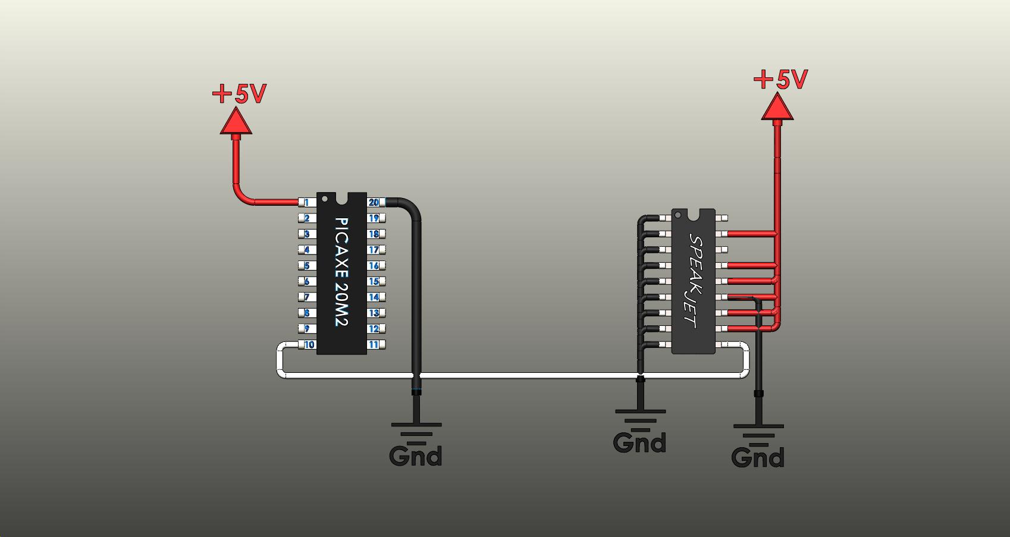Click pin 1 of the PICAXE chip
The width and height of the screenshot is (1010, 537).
tap(307, 203)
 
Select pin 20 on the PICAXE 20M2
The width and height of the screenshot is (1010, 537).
tap(374, 203)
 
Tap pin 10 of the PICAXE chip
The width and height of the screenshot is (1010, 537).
tap(309, 345)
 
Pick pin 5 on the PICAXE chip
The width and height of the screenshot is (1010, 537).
tap(307, 266)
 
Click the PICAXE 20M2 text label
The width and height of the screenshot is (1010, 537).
tap(341, 272)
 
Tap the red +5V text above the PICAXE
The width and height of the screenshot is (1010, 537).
tap(239, 94)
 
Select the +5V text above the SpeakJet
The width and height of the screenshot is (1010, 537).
tap(780, 80)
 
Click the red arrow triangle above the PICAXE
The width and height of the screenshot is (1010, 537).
tap(236, 122)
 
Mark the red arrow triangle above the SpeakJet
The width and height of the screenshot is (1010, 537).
tap(777, 108)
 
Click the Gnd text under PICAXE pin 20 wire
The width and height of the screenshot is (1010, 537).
tap(415, 457)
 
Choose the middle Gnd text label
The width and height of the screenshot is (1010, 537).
tap(639, 443)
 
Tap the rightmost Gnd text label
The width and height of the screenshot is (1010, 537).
tap(758, 458)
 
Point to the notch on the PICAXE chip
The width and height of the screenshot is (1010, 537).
tap(341, 197)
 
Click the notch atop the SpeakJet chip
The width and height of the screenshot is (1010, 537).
tap(694, 213)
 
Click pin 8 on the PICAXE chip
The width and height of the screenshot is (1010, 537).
tap(307, 313)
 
